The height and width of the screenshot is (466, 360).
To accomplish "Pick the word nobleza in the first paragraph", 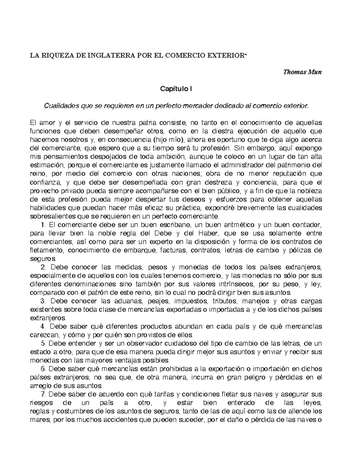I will pyautogui.click(x=311, y=191).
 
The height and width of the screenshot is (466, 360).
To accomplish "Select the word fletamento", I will pyautogui.click(x=47, y=250).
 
